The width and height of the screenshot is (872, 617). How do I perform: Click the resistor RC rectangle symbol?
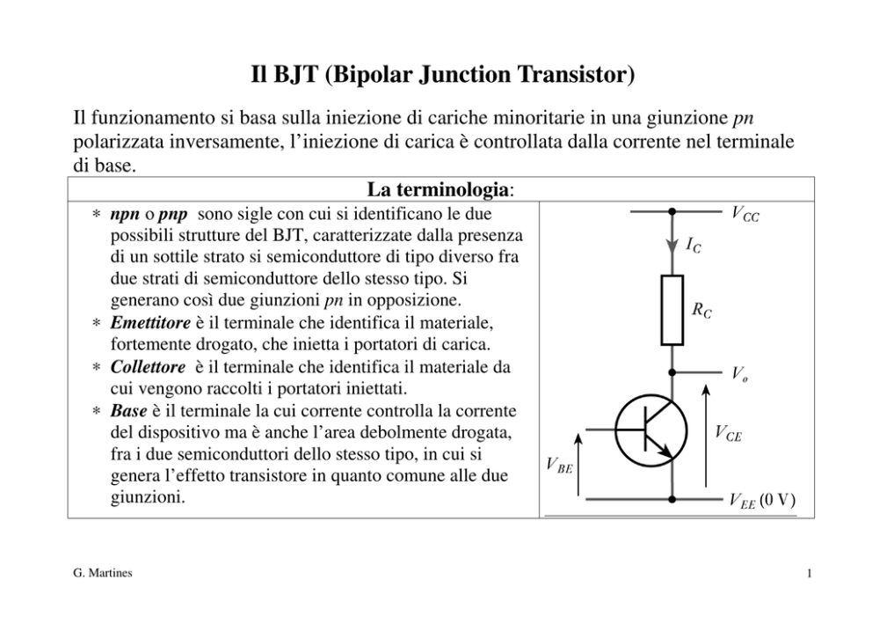672,310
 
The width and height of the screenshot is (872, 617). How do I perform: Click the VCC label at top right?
745,214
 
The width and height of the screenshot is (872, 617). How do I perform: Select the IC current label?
693,245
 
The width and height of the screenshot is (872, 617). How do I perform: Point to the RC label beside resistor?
701,310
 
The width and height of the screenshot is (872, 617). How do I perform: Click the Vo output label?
739,373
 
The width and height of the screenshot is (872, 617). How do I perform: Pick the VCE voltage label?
728,433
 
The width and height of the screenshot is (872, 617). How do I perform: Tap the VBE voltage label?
559,465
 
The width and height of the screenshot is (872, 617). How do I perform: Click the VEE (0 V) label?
762,501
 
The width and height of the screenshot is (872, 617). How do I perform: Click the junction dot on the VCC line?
672,211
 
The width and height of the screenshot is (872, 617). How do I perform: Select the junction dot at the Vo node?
672,372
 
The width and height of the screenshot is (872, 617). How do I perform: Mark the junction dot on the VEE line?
672,500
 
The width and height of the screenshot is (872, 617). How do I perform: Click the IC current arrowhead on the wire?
672,245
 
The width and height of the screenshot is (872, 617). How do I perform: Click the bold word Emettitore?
150,322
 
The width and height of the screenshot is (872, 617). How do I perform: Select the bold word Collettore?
148,366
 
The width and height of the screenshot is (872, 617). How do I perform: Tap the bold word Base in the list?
128,410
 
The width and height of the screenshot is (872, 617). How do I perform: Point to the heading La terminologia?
440,189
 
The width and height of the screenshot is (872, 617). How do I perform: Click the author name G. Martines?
103,572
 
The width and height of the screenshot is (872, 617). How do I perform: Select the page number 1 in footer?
810,573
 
